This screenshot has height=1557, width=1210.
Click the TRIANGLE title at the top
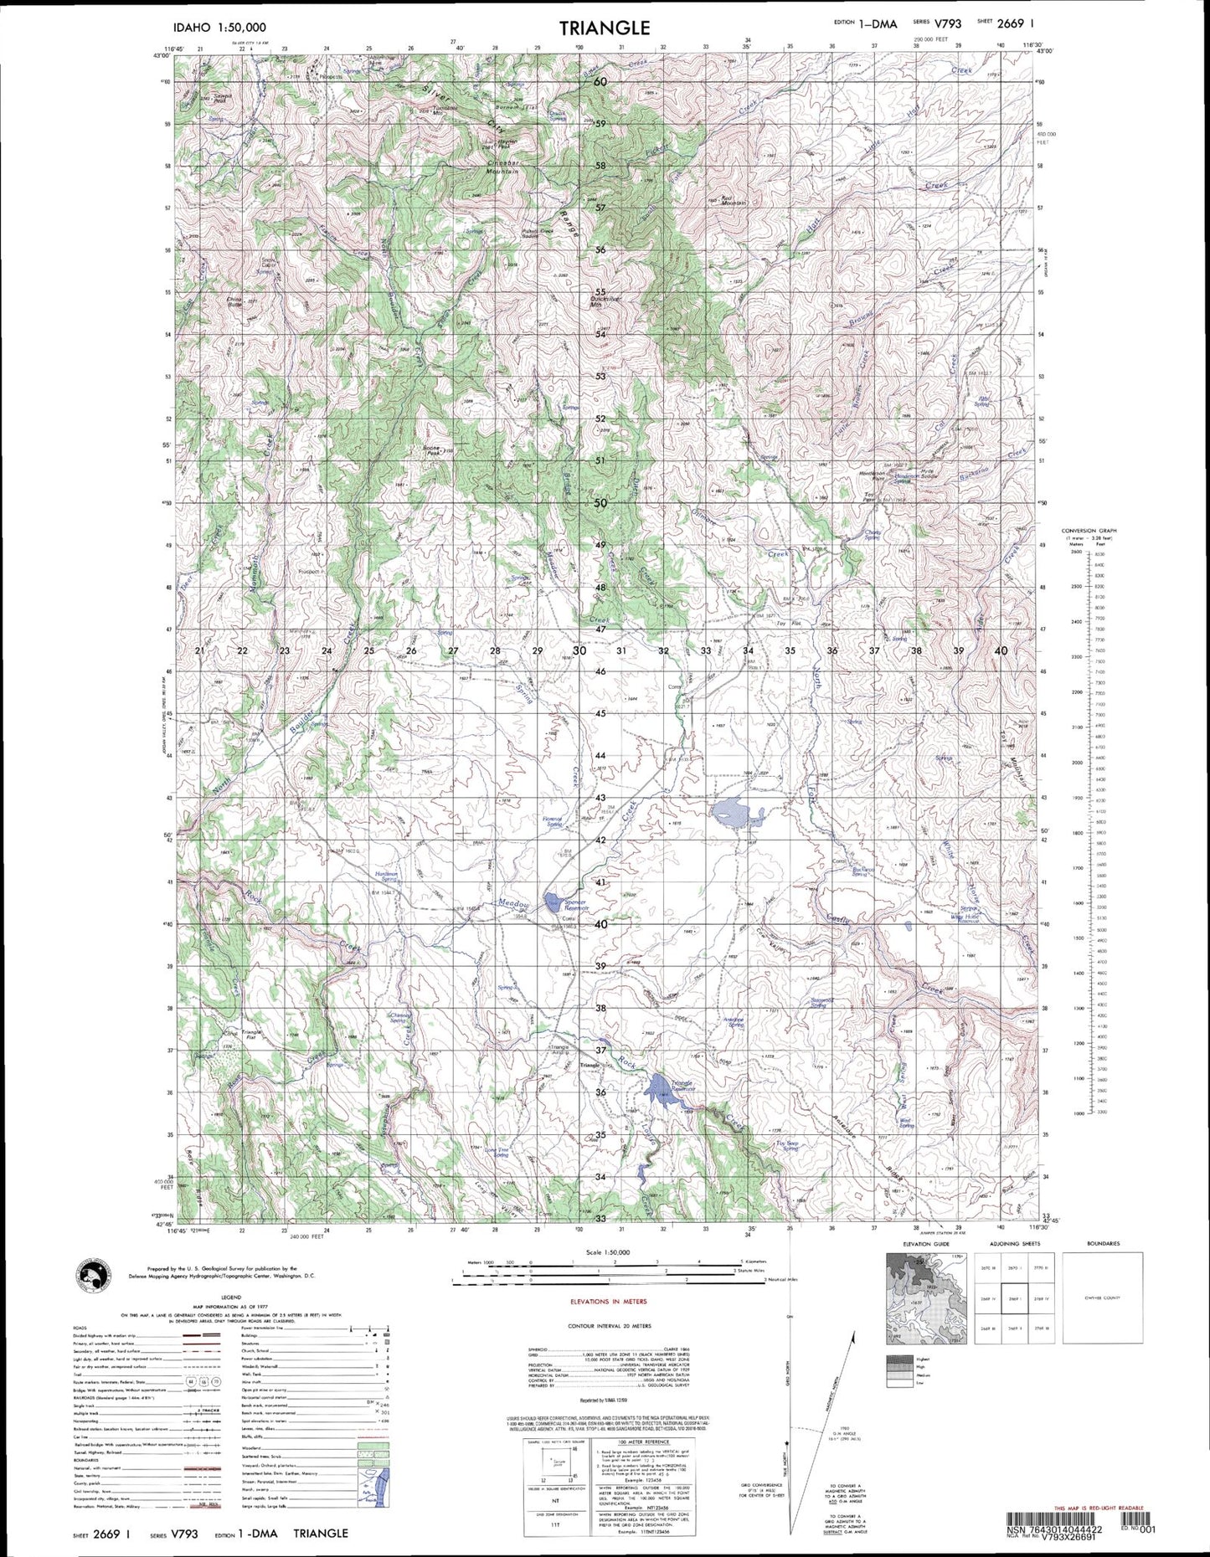click(x=605, y=28)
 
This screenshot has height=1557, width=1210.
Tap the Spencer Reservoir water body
click(x=553, y=901)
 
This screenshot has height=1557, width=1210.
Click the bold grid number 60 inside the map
click(x=600, y=82)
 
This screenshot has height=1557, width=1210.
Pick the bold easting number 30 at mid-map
click(x=579, y=650)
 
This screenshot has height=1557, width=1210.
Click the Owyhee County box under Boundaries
click(x=1102, y=1298)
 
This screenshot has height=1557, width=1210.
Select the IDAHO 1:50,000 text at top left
click(x=216, y=28)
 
